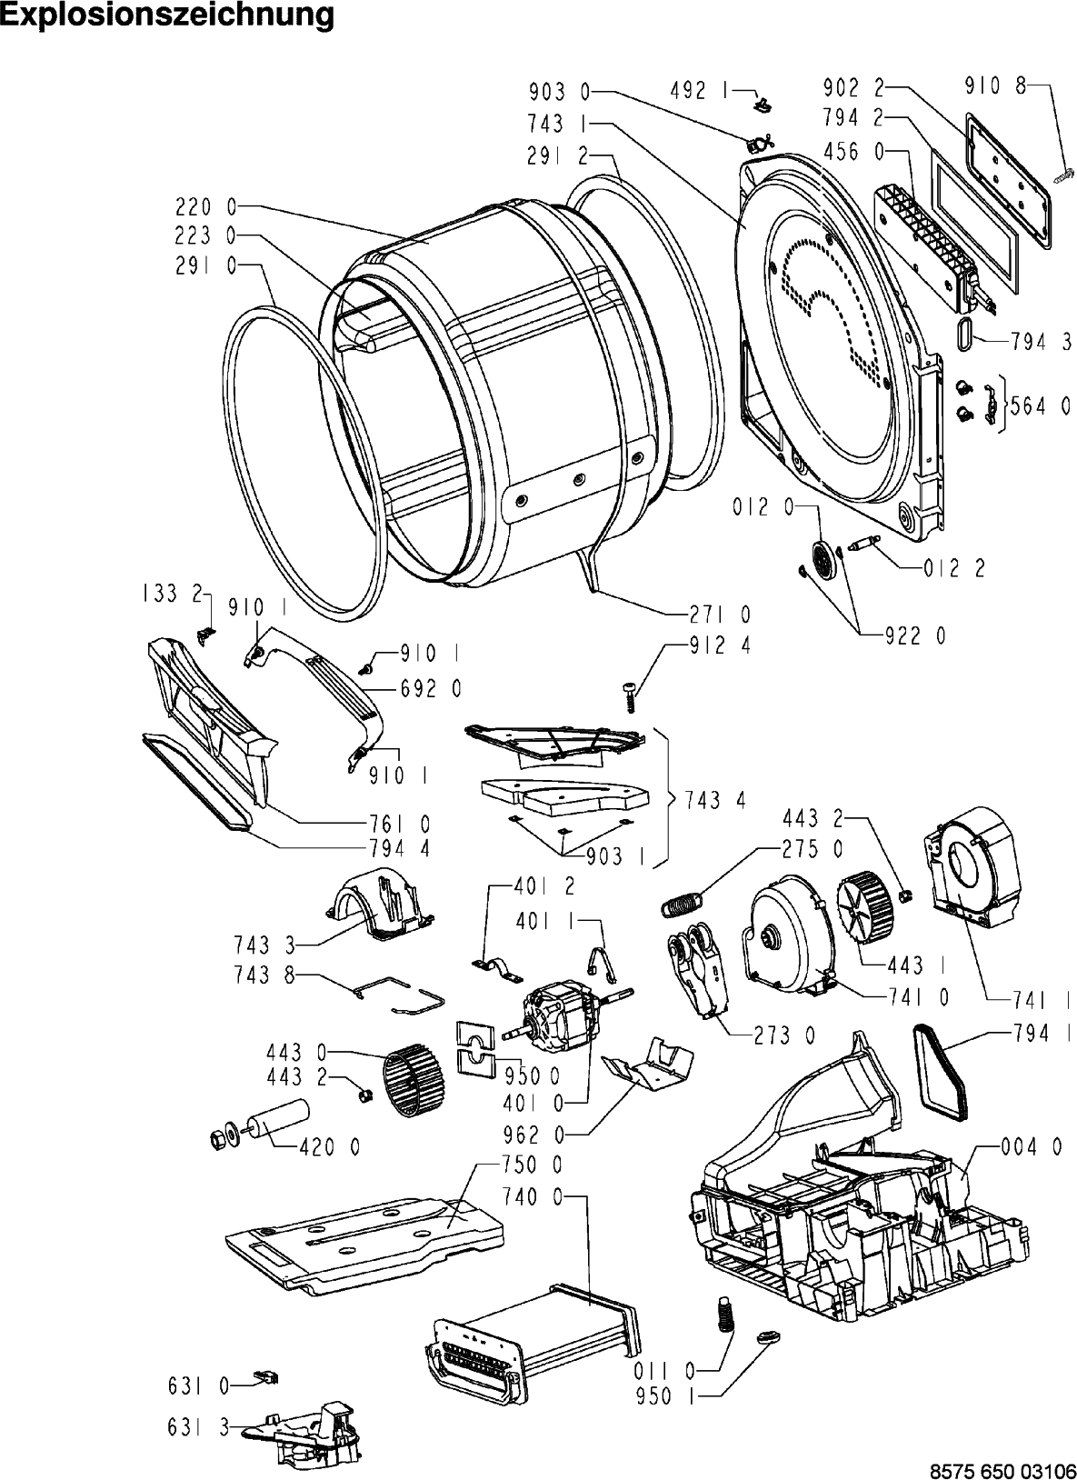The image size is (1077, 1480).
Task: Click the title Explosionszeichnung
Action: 167,15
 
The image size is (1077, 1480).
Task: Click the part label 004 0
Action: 1032,1147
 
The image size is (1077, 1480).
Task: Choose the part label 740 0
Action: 533,1198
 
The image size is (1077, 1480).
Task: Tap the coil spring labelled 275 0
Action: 683,903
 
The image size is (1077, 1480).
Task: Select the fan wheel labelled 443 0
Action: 414,1079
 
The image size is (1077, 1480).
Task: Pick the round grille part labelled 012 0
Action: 824,555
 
